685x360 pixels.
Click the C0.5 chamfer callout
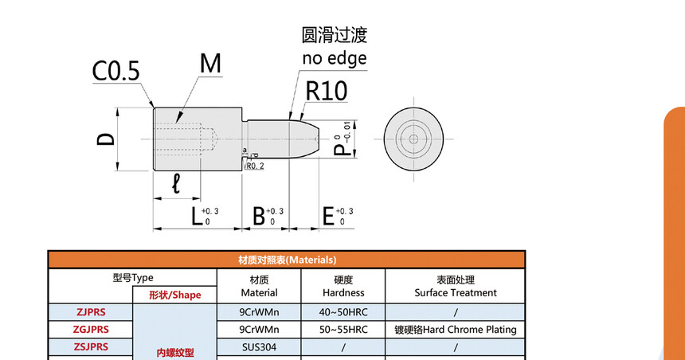point(115,72)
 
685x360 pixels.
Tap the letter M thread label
point(210,65)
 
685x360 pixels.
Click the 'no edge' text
point(335,58)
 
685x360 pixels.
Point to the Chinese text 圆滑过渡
point(335,35)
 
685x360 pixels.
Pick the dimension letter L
point(196,216)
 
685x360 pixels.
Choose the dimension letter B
point(258,216)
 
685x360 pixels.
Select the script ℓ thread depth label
point(176,184)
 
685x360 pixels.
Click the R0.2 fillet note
point(255,166)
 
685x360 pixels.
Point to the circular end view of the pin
point(413,139)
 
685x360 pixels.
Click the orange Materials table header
point(287,260)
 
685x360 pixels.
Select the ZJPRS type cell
point(92,312)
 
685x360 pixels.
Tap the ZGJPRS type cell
point(92,329)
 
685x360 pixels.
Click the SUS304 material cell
point(259,346)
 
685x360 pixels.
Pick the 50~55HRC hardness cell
point(343,329)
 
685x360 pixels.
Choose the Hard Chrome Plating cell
point(456,329)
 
